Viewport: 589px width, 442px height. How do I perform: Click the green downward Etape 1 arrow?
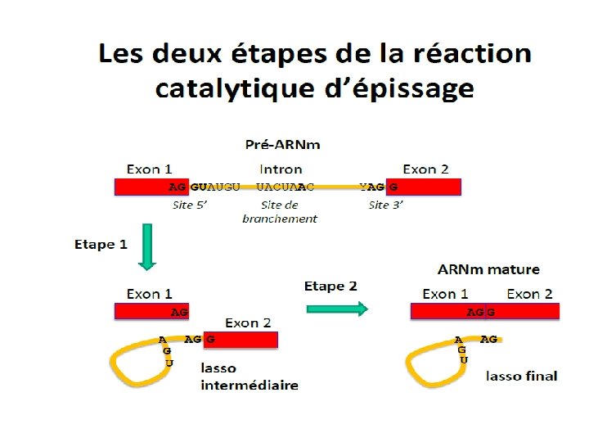click(147, 246)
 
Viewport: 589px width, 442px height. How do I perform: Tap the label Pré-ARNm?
click(283, 145)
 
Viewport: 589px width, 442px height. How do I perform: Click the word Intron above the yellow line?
click(281, 169)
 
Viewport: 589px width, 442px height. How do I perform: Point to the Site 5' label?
click(191, 205)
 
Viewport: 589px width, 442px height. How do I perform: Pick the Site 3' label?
click(385, 205)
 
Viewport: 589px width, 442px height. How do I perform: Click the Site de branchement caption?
click(280, 212)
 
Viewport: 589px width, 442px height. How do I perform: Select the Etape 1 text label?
click(101, 244)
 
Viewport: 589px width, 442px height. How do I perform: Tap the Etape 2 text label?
click(330, 286)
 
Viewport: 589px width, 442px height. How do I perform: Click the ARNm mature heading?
click(488, 269)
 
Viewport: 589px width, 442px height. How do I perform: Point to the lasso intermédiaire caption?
click(250, 377)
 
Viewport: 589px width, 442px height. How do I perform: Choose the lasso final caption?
click(521, 376)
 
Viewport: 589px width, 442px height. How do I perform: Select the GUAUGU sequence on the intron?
click(215, 187)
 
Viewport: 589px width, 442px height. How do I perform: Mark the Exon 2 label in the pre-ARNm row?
click(425, 169)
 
